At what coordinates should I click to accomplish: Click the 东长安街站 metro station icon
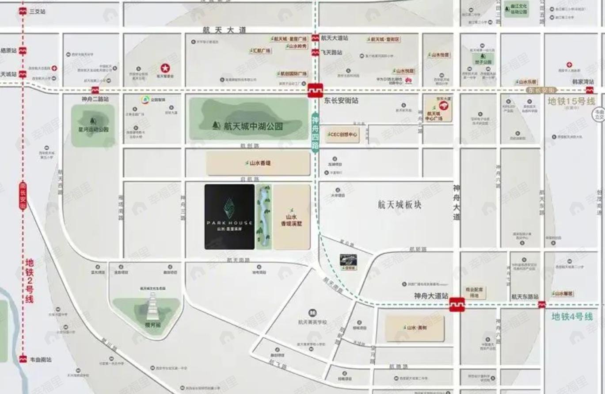pyautogui.click(x=316, y=90)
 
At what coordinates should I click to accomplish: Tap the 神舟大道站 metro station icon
pyautogui.click(x=457, y=305)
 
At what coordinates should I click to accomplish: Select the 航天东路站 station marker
pyautogui.click(x=542, y=305)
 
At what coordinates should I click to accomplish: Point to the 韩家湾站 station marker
pyautogui.click(x=590, y=90)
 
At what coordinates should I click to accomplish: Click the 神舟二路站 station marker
pyautogui.click(x=95, y=90)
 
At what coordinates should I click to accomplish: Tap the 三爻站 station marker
pyautogui.click(x=23, y=11)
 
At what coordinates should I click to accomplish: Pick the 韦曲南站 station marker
pyautogui.click(x=23, y=359)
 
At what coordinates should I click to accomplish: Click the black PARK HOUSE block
pyautogui.click(x=229, y=217)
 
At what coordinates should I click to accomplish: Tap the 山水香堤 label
pyautogui.click(x=259, y=163)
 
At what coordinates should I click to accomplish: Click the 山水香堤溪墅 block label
pyautogui.click(x=291, y=221)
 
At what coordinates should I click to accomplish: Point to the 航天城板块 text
pyautogui.click(x=400, y=205)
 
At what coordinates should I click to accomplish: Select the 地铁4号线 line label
pyautogui.click(x=572, y=317)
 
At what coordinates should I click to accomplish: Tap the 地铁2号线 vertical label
pyautogui.click(x=30, y=281)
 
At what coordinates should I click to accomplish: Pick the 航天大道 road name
pyautogui.click(x=224, y=31)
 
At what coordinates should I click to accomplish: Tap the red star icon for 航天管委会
pyautogui.click(x=165, y=69)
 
